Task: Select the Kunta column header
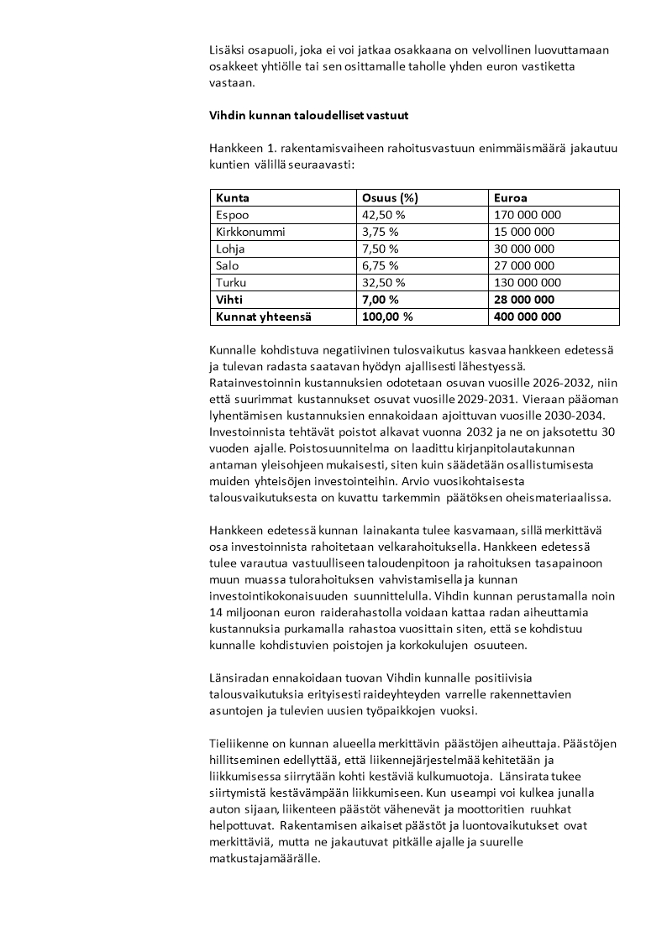pos(233,198)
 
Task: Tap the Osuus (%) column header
pos(389,198)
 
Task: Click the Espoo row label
pos(233,215)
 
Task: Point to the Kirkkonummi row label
pos(250,232)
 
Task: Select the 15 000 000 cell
pos(524,232)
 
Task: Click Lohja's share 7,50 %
pos(380,249)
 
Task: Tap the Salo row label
pos(228,266)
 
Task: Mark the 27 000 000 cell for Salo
pos(524,266)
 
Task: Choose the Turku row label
pos(231,283)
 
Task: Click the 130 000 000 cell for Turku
pos(528,283)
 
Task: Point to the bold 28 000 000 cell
pos(524,300)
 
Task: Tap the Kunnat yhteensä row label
pos(263,317)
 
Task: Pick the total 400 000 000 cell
pos(528,317)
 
